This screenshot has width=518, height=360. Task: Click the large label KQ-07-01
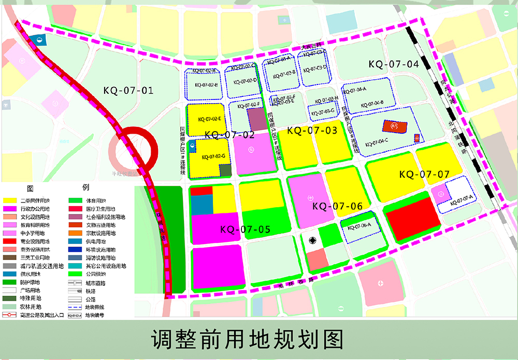click(128, 91)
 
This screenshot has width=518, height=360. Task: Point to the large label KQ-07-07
click(424, 175)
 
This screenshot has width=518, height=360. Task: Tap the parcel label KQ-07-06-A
click(358, 226)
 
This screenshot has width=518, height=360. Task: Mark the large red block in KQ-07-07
click(412, 218)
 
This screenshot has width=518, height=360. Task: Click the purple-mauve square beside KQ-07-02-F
click(255, 120)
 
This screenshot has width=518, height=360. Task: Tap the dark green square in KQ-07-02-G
click(225, 170)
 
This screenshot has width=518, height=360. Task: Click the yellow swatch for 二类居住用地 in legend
click(10, 200)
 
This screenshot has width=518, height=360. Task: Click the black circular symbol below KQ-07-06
click(312, 240)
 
